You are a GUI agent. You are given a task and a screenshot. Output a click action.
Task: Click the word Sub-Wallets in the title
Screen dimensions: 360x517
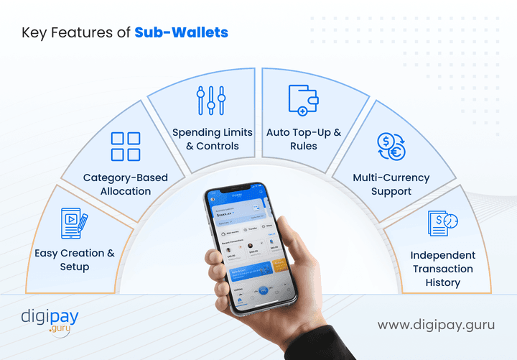182,32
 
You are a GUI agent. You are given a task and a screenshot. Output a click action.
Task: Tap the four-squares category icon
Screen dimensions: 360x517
126,146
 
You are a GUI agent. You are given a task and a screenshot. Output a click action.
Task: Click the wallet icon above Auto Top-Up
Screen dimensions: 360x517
303,100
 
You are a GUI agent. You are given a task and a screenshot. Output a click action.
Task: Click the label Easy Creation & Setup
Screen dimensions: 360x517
75,259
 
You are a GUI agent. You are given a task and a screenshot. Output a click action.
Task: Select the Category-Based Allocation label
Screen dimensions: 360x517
126,184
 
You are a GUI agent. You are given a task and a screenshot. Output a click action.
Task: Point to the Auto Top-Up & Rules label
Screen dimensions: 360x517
304,139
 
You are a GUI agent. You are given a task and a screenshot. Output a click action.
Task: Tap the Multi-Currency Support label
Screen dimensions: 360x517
391,184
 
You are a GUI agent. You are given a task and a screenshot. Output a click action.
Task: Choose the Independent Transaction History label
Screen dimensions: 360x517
442,269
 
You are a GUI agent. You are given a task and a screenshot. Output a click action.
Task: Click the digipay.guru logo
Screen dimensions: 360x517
50,320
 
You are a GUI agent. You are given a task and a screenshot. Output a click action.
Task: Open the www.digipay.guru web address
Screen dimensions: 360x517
437,325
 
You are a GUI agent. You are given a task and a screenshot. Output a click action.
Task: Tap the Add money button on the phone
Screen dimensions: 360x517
220,231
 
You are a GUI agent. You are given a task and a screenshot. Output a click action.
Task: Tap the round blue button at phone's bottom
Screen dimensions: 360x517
263,290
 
